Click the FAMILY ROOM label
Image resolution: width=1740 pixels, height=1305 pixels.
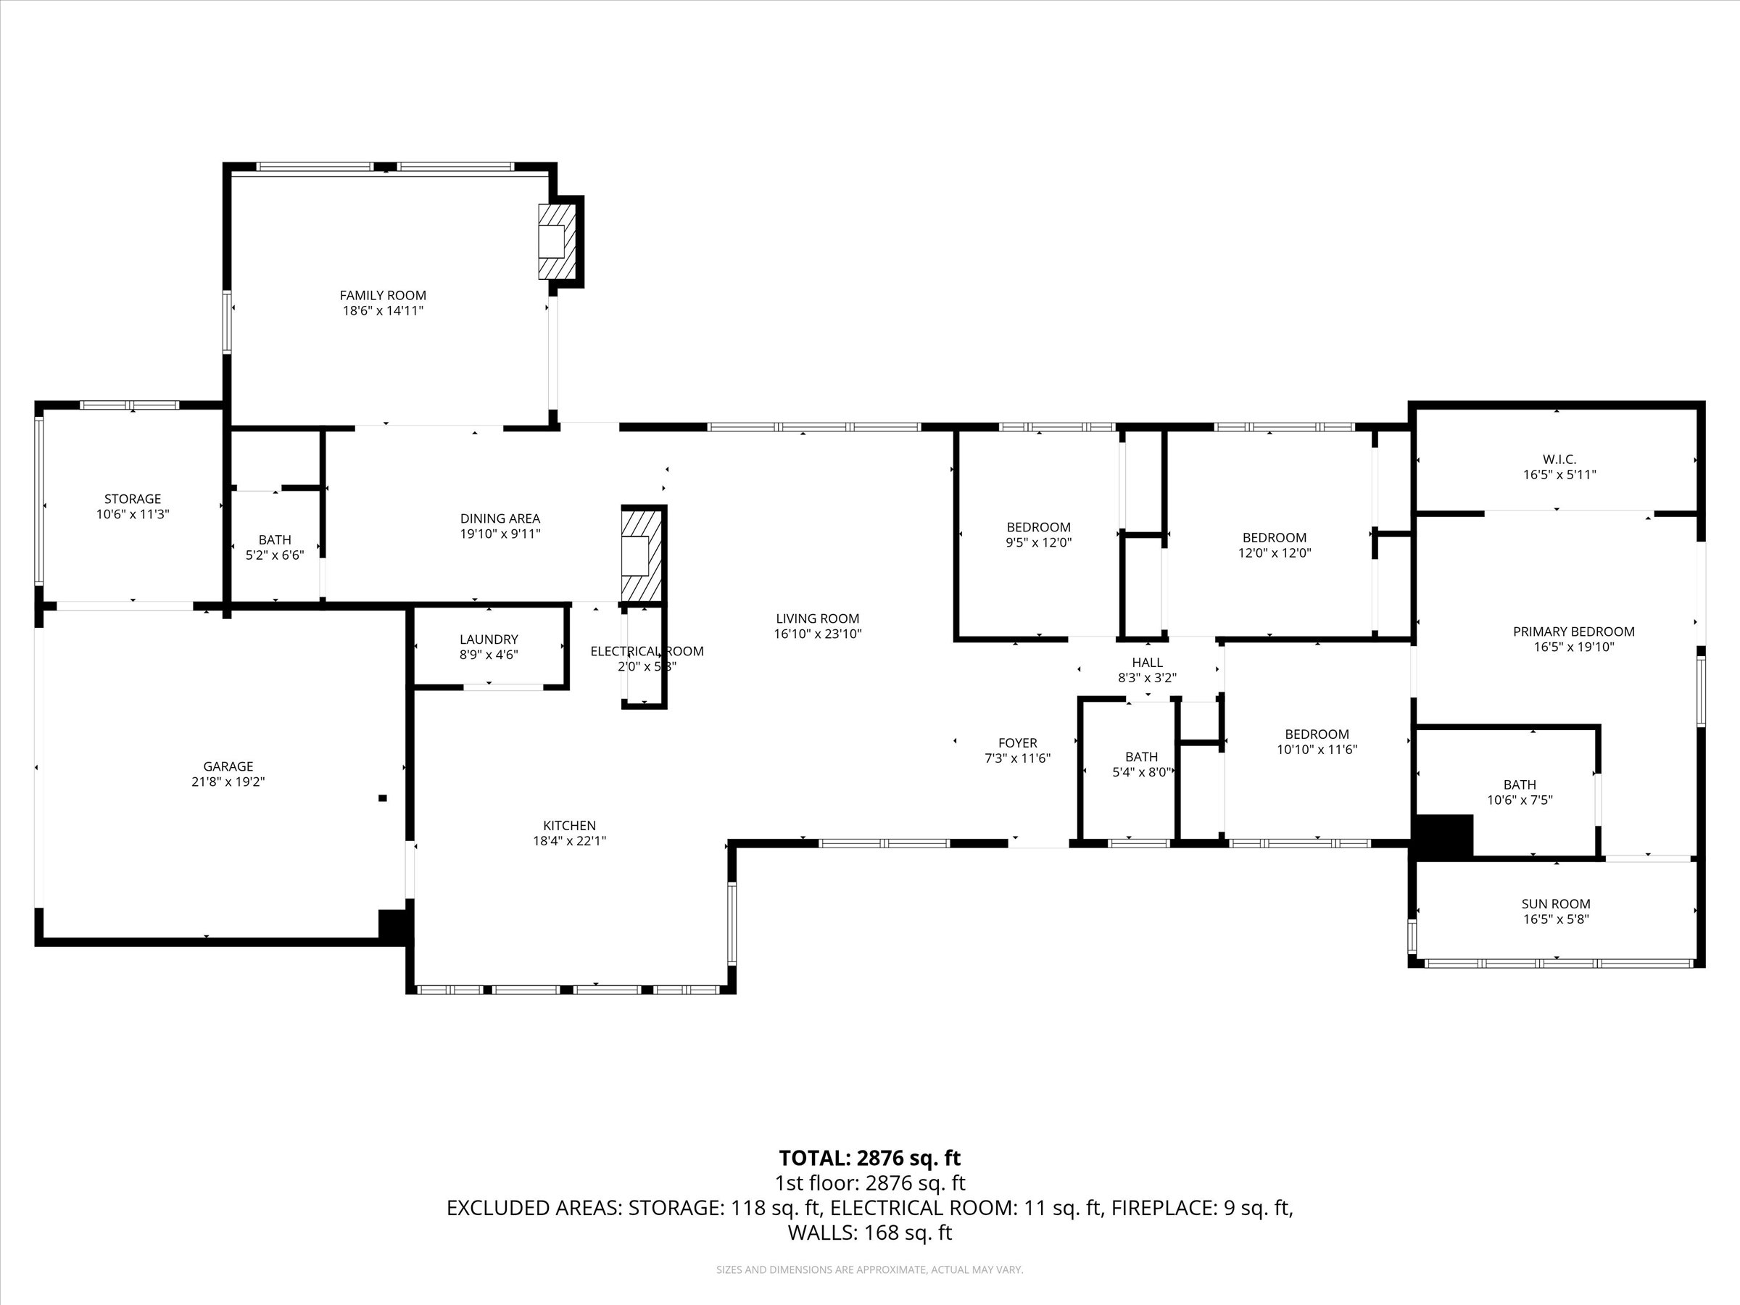point(382,296)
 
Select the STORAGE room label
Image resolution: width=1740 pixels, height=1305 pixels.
point(132,499)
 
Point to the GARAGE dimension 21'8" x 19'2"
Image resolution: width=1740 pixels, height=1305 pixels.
point(228,782)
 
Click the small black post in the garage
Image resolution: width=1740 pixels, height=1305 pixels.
point(383,797)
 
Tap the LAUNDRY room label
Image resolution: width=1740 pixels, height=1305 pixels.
point(489,639)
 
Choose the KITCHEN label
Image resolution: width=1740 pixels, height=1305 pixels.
point(570,825)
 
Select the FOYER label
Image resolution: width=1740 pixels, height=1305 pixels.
point(1017,742)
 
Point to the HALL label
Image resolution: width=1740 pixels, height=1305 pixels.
point(1147,663)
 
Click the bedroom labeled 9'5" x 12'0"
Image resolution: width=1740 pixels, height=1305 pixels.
point(1038,535)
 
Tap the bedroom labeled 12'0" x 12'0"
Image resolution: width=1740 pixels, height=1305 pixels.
point(1275,545)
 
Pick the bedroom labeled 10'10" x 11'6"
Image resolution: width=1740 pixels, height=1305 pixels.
point(1317,742)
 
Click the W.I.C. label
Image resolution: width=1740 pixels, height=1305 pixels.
point(1559,460)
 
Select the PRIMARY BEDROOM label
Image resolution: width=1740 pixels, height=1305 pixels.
point(1573,631)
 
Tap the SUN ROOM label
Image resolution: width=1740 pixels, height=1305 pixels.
point(1555,904)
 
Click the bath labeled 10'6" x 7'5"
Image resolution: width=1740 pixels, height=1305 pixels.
point(1519,792)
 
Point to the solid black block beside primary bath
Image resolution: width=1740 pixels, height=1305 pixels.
point(1444,835)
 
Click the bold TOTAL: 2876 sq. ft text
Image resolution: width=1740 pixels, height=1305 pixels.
point(869,1158)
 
